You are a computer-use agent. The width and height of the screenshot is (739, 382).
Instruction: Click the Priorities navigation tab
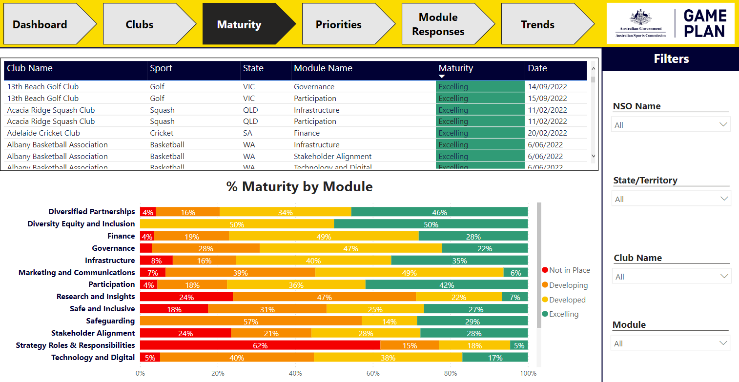tap(339, 25)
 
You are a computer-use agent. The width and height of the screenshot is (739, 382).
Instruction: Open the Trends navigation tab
tap(537, 25)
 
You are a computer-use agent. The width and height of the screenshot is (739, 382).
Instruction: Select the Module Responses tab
tap(438, 25)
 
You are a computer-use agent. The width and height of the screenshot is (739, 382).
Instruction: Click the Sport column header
tap(161, 68)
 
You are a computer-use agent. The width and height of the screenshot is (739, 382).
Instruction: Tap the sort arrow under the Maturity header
tap(442, 77)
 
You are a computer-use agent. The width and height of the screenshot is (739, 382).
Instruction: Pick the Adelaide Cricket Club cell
tap(43, 133)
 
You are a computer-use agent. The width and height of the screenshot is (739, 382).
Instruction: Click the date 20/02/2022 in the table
tap(546, 133)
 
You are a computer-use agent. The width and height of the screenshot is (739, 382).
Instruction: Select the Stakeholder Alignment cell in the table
tap(332, 157)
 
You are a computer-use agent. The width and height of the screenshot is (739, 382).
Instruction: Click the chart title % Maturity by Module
tap(299, 187)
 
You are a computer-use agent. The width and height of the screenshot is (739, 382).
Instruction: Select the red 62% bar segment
tap(260, 345)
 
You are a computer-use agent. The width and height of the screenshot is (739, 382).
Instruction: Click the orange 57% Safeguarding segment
tap(250, 321)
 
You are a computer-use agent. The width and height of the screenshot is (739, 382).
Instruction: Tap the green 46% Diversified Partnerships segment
tap(439, 212)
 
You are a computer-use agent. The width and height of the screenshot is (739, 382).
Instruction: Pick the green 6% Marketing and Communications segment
tap(516, 273)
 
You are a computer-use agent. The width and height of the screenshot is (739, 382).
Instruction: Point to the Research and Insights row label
tap(96, 297)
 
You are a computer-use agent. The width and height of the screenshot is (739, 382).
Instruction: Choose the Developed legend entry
tap(567, 300)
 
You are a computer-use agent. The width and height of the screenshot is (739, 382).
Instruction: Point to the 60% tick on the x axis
tap(373, 374)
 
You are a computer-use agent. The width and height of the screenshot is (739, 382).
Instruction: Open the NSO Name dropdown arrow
tap(723, 125)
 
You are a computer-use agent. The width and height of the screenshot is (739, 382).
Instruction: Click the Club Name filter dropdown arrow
tap(724, 277)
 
